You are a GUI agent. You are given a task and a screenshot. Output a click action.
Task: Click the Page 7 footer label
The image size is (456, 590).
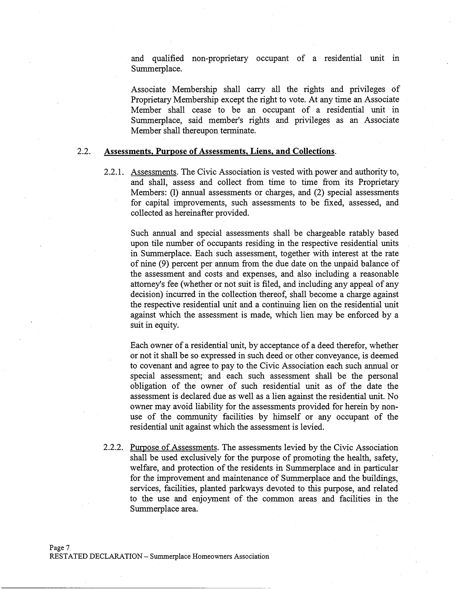(x=60, y=547)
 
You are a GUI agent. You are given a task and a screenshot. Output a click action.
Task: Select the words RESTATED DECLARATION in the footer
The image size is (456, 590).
(x=96, y=556)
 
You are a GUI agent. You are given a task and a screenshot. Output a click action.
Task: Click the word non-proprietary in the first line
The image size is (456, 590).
(x=220, y=58)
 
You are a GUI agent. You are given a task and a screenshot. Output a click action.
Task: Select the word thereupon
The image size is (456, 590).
(x=200, y=131)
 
